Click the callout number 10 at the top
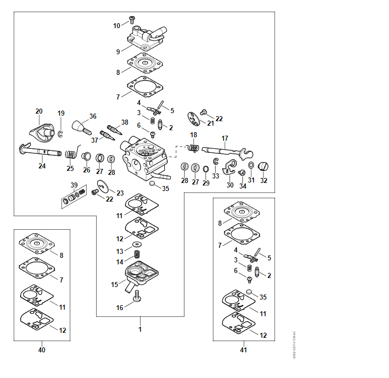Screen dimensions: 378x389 tap(117, 25)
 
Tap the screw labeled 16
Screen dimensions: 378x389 tap(137, 301)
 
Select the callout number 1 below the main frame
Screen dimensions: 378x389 tap(140, 330)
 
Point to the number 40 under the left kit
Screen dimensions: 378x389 tap(42, 350)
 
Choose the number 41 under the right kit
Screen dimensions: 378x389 tap(243, 350)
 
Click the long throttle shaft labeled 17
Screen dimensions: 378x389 tap(222, 149)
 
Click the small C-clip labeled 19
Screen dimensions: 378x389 tap(60, 133)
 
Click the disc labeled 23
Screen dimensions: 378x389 tap(104, 187)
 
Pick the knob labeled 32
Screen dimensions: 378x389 tap(264, 167)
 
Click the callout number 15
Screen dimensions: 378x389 tap(115, 285)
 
